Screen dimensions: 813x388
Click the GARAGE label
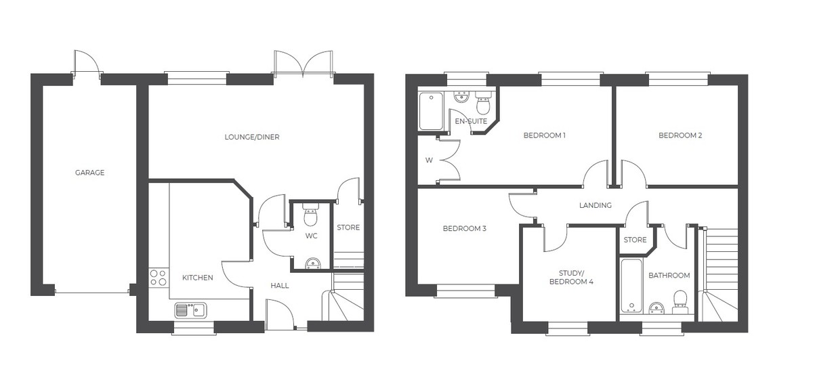point(89,173)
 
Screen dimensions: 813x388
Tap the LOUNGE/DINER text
point(252,137)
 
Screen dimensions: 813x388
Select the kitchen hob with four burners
point(159,278)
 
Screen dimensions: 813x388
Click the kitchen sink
point(190,310)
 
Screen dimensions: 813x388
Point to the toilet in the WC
point(310,214)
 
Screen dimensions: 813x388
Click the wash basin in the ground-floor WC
point(313,263)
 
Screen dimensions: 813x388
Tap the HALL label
point(280,286)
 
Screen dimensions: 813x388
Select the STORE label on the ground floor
point(348,228)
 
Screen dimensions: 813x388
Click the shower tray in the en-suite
point(431,111)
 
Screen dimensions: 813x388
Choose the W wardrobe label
point(429,160)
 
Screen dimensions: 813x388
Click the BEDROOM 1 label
point(545,135)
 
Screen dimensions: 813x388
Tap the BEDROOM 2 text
point(680,135)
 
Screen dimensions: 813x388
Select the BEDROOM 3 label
point(464,228)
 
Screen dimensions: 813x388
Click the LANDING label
point(596,205)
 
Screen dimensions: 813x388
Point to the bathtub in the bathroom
point(631,286)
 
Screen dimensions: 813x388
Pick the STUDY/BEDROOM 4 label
point(571,278)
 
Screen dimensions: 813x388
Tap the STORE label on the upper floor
point(635,240)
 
